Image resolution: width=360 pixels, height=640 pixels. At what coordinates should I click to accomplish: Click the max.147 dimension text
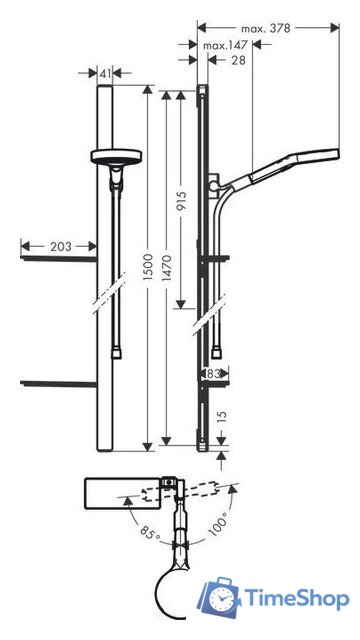pyautogui.click(x=226, y=46)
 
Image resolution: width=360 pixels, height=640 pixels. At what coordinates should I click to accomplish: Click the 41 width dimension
pyautogui.click(x=106, y=72)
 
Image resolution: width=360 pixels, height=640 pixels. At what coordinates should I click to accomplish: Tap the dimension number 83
pyautogui.click(x=212, y=373)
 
